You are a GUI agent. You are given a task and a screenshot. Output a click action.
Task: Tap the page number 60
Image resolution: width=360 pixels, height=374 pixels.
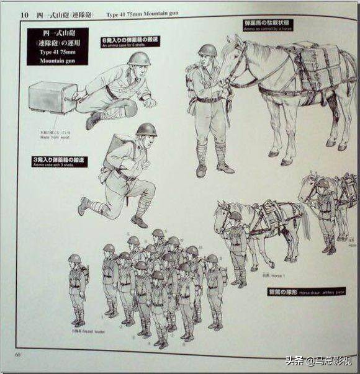point(18,354)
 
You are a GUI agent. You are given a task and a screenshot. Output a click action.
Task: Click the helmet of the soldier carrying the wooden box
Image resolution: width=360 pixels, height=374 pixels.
point(138,58)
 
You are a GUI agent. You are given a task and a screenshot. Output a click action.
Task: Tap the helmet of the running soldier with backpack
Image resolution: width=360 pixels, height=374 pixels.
point(146,129)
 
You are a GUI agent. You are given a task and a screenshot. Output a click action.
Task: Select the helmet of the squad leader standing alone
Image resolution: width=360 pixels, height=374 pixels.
point(74,258)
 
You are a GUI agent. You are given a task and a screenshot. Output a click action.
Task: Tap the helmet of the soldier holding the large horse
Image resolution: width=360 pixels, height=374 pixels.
point(207,50)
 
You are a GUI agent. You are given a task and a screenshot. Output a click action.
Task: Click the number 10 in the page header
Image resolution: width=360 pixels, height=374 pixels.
point(24,14)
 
